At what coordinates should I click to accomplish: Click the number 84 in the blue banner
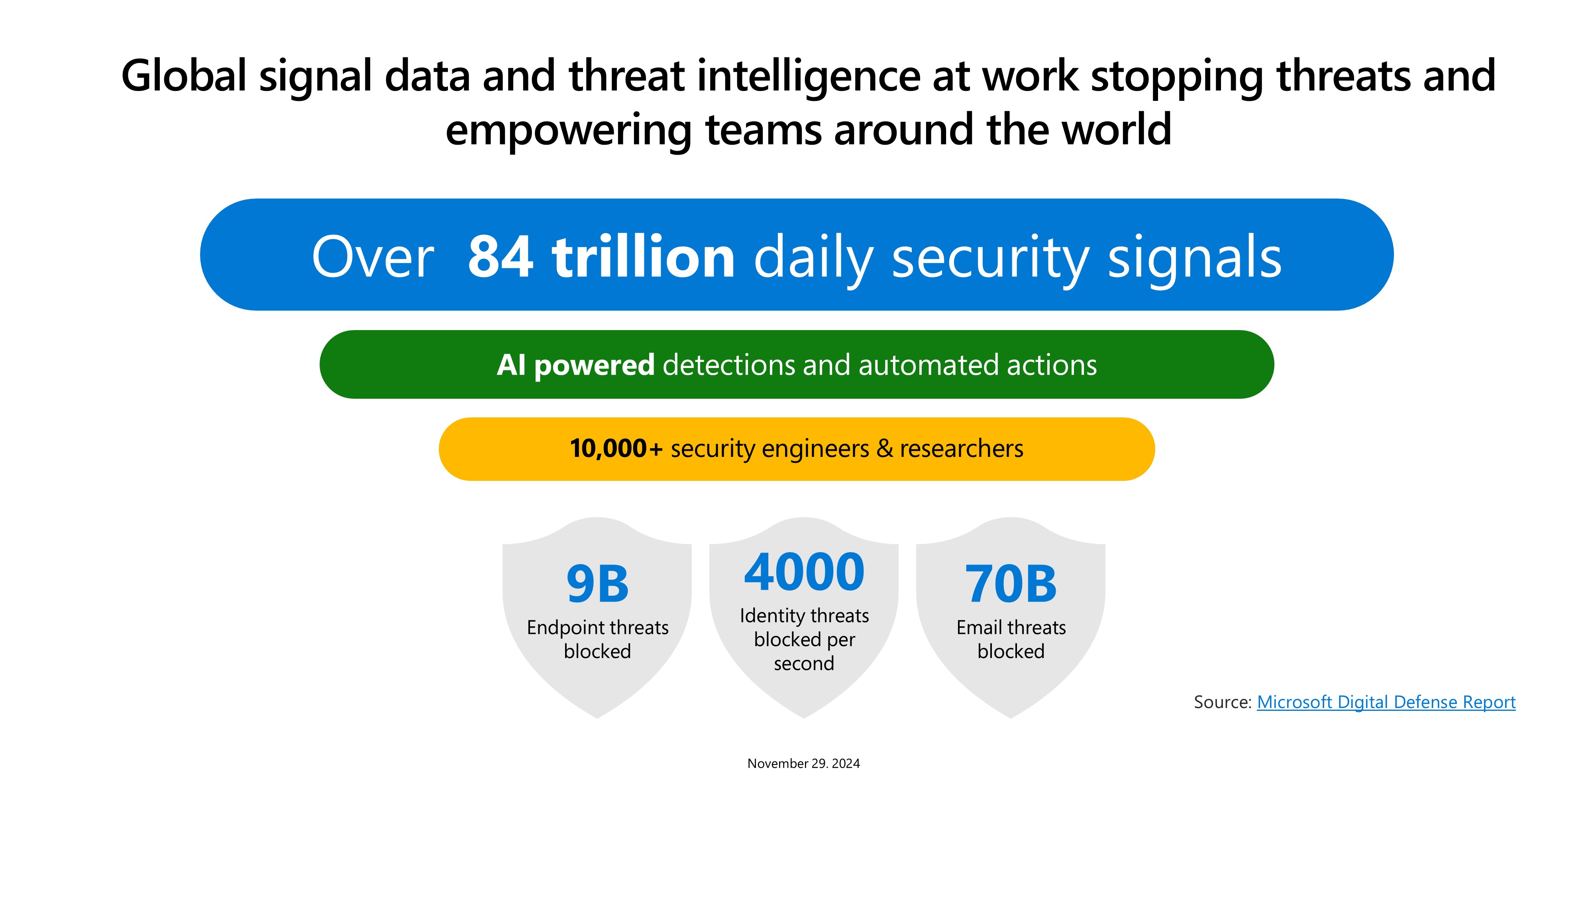click(500, 256)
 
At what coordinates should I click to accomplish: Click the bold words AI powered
click(575, 365)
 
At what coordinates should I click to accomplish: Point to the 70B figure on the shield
click(1011, 584)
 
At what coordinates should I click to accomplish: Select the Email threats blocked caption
click(1011, 639)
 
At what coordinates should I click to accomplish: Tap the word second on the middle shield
click(804, 664)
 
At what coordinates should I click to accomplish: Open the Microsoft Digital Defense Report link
click(1386, 702)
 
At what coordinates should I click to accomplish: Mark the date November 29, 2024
click(804, 763)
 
